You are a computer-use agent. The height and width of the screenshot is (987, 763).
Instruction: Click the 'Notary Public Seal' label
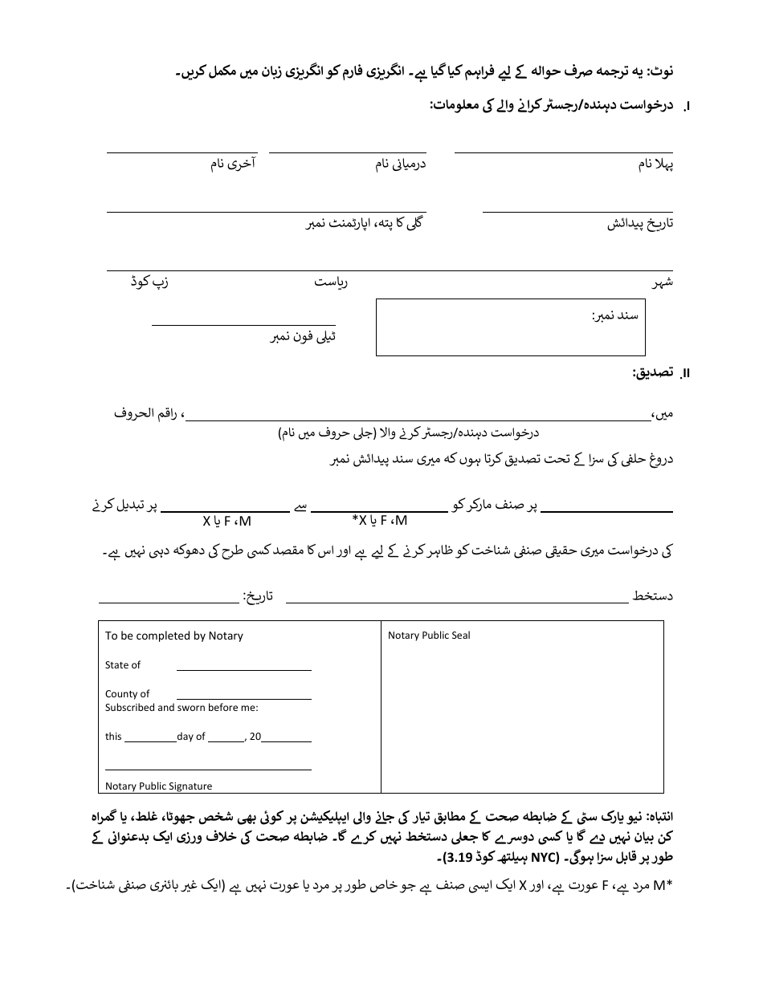point(429,636)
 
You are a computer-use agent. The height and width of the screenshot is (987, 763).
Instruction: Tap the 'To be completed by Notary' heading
point(173,636)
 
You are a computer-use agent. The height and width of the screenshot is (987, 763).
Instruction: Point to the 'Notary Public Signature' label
point(158,786)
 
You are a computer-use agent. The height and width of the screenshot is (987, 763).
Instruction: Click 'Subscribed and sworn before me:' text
point(182,708)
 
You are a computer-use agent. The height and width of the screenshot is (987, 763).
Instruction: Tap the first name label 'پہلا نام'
point(655,164)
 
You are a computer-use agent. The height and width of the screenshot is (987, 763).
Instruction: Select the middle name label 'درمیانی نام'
point(401,164)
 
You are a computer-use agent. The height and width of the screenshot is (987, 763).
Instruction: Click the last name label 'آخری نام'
point(233,164)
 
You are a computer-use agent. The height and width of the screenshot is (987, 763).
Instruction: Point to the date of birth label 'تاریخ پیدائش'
point(639,224)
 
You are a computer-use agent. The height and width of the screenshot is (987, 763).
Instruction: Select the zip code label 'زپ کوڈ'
point(150,282)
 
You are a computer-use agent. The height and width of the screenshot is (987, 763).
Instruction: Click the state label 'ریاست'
point(330,282)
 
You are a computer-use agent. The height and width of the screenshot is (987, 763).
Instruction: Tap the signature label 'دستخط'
point(653,595)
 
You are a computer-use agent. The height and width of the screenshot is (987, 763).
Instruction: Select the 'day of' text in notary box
point(191,737)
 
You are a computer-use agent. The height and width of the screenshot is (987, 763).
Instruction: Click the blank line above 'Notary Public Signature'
point(208,769)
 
